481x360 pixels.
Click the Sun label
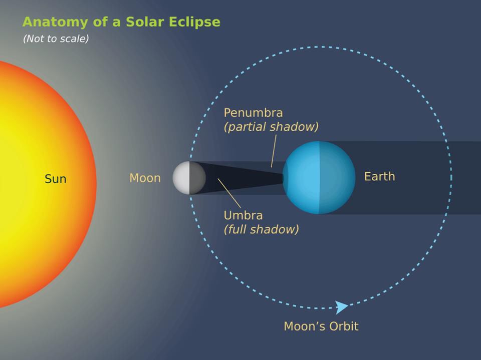click(55, 179)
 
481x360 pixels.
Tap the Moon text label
click(145, 178)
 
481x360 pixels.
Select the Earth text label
click(379, 176)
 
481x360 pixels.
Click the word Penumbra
click(253, 113)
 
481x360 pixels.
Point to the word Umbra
click(243, 215)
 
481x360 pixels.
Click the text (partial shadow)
click(271, 127)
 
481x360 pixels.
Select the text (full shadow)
click(261, 229)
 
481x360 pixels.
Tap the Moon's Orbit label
click(321, 326)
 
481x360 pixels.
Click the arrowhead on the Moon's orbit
click(342, 307)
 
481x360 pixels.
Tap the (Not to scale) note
click(56, 39)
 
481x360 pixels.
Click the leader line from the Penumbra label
click(274, 150)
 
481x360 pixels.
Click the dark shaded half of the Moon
click(197, 178)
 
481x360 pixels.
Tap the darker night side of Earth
click(337, 177)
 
